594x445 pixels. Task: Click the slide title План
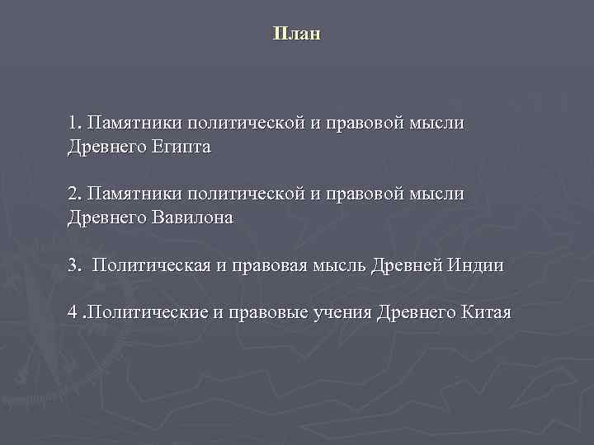tap(296, 35)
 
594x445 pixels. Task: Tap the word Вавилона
tap(193, 218)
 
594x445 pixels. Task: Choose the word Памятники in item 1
tap(134, 124)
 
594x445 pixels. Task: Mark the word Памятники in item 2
tap(134, 194)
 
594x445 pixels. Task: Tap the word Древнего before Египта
tap(107, 148)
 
